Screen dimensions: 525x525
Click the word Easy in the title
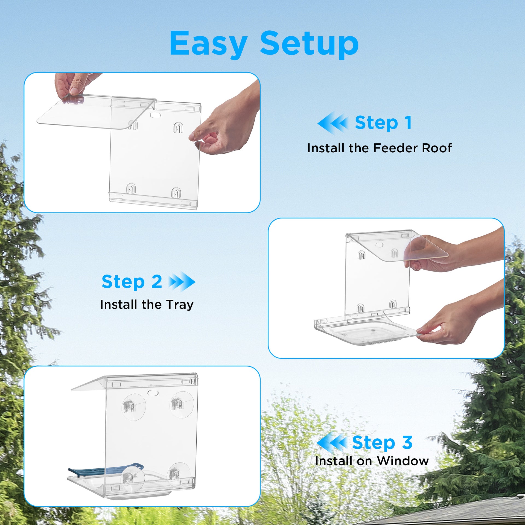[x=208, y=44]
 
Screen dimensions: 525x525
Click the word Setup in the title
[x=309, y=44]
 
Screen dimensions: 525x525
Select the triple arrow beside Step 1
[x=332, y=123]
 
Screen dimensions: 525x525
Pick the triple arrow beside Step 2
[x=182, y=281]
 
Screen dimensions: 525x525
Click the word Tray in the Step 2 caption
[x=180, y=305]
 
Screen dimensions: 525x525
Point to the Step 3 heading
[x=382, y=442]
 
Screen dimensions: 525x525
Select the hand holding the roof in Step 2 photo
[x=448, y=254]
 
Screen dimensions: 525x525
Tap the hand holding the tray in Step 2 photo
[x=451, y=323]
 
